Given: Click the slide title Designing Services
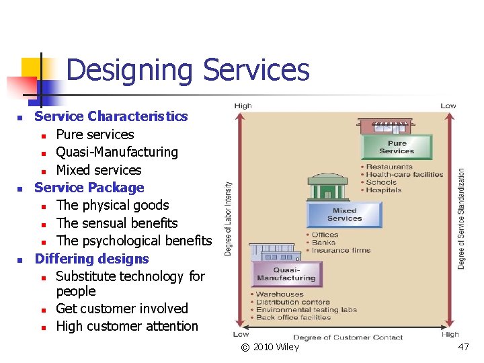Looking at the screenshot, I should click(188, 70).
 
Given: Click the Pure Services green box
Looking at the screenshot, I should click(397, 147).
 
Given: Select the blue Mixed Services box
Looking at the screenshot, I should click(344, 214).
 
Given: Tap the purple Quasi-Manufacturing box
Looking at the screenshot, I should click(286, 274).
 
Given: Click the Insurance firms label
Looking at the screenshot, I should click(341, 250).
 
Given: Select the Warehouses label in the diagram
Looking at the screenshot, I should click(280, 294).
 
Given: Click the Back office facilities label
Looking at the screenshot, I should click(293, 317).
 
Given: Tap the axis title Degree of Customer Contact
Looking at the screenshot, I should click(348, 337).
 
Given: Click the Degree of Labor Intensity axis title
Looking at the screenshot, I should click(229, 218).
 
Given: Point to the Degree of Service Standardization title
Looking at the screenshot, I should click(462, 218).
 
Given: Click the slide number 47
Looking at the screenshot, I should click(463, 347).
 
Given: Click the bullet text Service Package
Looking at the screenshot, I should click(89, 188).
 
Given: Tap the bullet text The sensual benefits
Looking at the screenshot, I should click(117, 223).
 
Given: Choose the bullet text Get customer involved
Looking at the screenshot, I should click(122, 309).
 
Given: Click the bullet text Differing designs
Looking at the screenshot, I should click(91, 259).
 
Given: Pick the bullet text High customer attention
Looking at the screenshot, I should click(127, 326).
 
